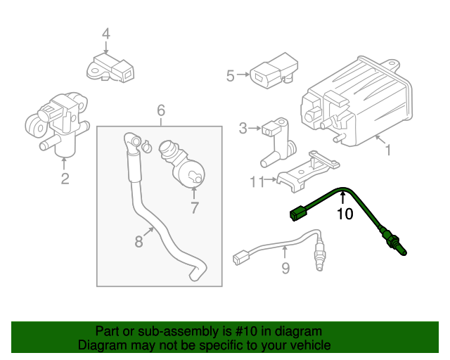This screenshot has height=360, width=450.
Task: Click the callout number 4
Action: click(105, 33)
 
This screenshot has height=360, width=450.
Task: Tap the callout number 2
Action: click(65, 179)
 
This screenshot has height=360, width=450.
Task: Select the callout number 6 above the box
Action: click(161, 110)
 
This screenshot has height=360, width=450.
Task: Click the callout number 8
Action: click(139, 241)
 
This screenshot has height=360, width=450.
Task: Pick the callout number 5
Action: click(230, 75)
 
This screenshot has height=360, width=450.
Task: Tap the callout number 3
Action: click(243, 128)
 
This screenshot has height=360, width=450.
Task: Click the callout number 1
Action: click(386, 150)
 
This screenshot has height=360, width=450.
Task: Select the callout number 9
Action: click(285, 267)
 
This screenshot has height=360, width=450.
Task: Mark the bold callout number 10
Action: click(345, 214)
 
